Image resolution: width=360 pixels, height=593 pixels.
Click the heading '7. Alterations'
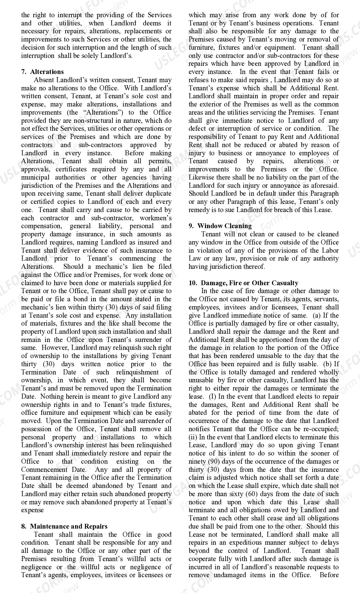coord(42,72)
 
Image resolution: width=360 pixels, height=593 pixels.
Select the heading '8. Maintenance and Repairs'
coord(64,526)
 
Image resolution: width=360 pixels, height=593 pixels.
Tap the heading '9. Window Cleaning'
coord(220,226)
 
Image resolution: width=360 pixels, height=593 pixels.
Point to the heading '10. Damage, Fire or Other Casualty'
coord(243,283)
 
